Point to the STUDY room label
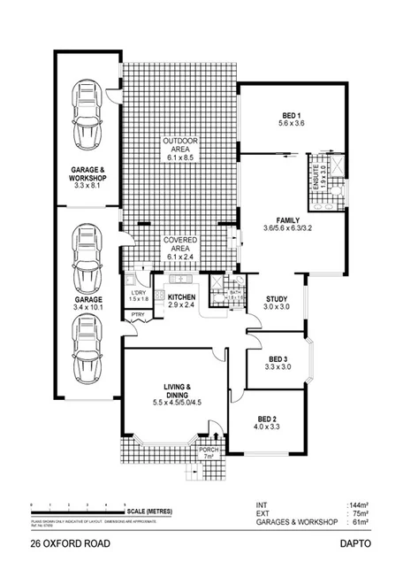pyautogui.click(x=278, y=299)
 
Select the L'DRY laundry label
pyautogui.click(x=138, y=293)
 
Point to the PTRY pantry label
pyautogui.click(x=137, y=315)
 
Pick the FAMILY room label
pyautogui.click(x=288, y=220)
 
